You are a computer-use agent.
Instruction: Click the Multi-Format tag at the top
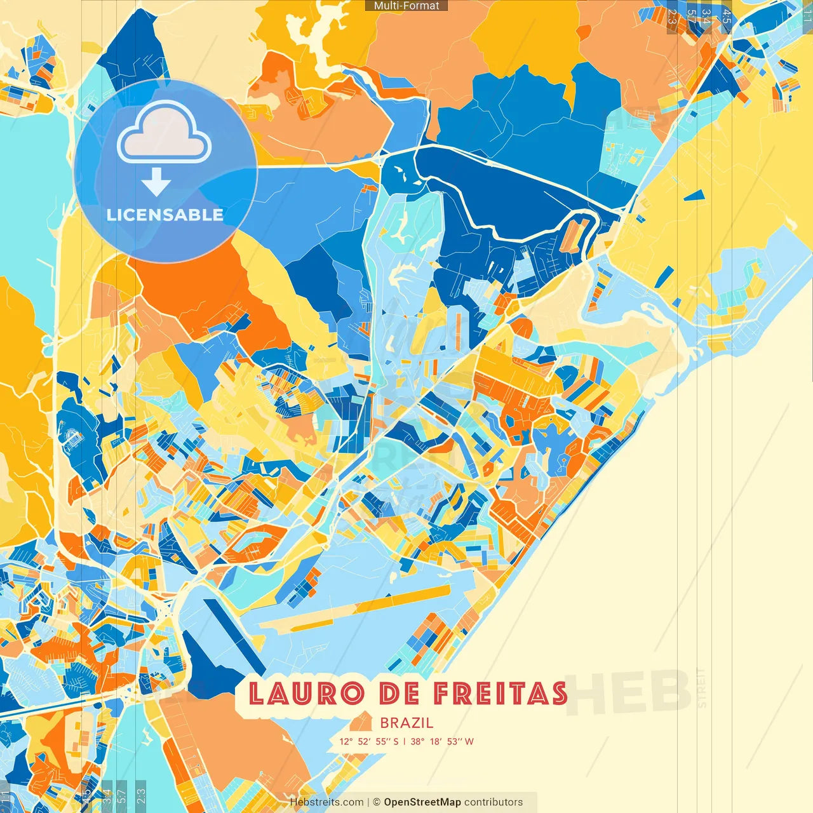click(406, 6)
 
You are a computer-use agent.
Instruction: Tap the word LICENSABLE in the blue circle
click(165, 215)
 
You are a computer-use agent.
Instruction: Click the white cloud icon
click(164, 133)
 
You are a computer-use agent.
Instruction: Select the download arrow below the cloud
click(156, 182)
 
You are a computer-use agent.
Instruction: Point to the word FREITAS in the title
click(501, 694)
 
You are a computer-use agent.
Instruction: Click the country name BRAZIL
click(406, 723)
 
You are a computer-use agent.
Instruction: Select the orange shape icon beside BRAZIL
click(361, 722)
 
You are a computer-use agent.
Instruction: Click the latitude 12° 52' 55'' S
click(368, 741)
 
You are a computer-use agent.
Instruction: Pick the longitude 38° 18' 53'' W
click(442, 741)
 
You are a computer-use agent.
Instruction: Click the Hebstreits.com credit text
click(326, 802)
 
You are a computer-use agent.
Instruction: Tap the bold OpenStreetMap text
click(422, 802)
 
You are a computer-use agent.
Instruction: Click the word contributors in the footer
click(494, 802)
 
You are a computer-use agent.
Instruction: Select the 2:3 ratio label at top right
click(672, 17)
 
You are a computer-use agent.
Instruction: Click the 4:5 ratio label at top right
click(727, 17)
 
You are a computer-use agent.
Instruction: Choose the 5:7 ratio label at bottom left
click(121, 795)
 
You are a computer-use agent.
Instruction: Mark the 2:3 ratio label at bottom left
click(141, 795)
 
